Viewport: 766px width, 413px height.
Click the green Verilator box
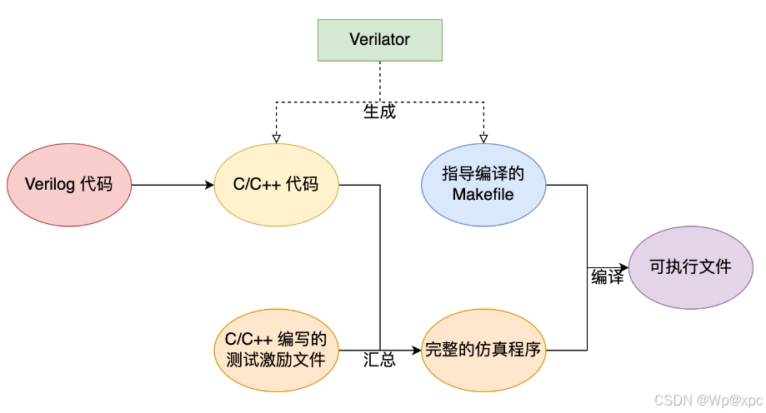click(380, 40)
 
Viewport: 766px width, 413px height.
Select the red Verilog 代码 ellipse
click(69, 184)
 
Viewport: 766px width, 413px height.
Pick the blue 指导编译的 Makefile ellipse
click(483, 184)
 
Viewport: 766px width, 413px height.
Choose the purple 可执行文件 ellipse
click(691, 267)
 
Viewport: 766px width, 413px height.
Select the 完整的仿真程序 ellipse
click(483, 351)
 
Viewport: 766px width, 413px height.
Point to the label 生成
click(379, 112)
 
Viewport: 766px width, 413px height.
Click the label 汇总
click(379, 361)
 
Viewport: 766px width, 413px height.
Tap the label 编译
click(607, 278)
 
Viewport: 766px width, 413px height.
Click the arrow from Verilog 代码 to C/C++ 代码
click(171, 184)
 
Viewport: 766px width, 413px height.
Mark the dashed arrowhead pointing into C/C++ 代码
click(277, 137)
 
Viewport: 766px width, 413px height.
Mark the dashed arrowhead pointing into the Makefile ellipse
click(483, 137)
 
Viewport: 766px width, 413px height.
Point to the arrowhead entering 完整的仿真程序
click(416, 351)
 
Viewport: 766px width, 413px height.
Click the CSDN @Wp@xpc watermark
click(703, 401)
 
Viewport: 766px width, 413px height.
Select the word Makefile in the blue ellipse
click(483, 195)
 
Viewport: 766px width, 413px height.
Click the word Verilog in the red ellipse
click(51, 184)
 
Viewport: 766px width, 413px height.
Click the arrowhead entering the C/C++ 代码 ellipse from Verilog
click(209, 184)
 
